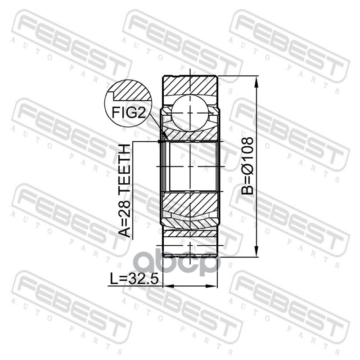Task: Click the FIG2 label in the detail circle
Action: (x=129, y=112)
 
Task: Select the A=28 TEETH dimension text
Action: (x=125, y=190)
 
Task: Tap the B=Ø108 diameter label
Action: (x=247, y=166)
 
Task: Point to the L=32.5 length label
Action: (x=134, y=279)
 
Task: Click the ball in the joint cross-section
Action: (x=190, y=112)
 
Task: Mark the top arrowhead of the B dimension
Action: (x=256, y=82)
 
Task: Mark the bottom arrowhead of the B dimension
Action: (x=256, y=251)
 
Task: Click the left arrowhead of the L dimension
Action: (x=169, y=286)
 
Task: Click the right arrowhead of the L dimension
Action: (x=211, y=286)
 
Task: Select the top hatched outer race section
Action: (x=190, y=85)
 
